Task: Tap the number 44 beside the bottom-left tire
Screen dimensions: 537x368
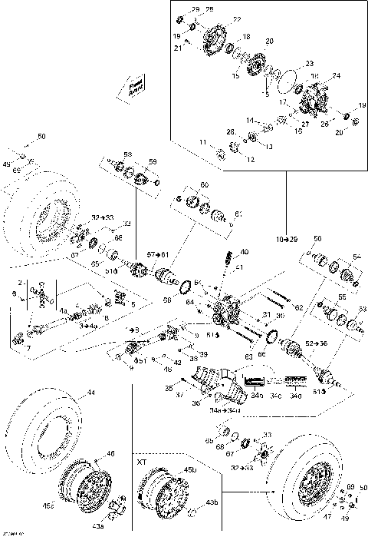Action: pyautogui.click(x=91, y=393)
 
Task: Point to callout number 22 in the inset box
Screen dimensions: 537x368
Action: pyautogui.click(x=237, y=19)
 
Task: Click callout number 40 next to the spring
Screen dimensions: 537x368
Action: pyautogui.click(x=245, y=252)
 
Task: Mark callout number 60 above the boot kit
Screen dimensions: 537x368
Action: pyautogui.click(x=204, y=185)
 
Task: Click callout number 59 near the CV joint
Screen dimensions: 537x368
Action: pyautogui.click(x=153, y=162)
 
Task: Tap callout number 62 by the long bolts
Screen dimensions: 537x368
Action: pyautogui.click(x=299, y=307)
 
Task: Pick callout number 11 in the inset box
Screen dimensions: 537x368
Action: pyautogui.click(x=203, y=142)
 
